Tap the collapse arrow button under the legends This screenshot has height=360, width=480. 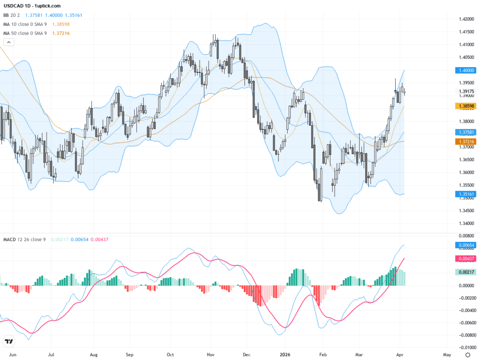pyautogui.click(x=9, y=42)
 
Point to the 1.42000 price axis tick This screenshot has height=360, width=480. pyautogui.click(x=465, y=19)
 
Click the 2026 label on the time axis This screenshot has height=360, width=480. pyautogui.click(x=285, y=355)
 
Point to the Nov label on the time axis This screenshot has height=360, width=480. pyautogui.click(x=210, y=355)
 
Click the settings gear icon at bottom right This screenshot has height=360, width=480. pyautogui.click(x=468, y=354)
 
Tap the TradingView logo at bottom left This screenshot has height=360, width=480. pyautogui.click(x=8, y=341)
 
